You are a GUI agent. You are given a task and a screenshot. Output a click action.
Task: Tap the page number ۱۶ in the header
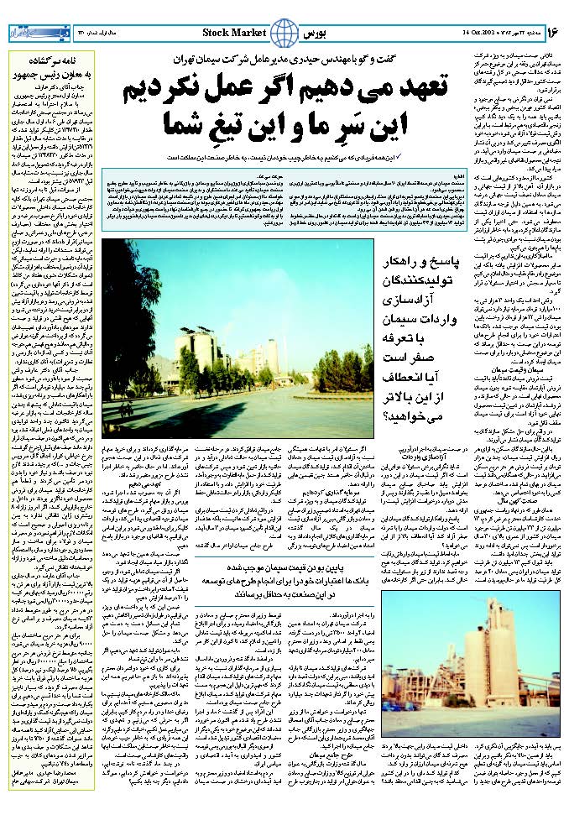[552, 32]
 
